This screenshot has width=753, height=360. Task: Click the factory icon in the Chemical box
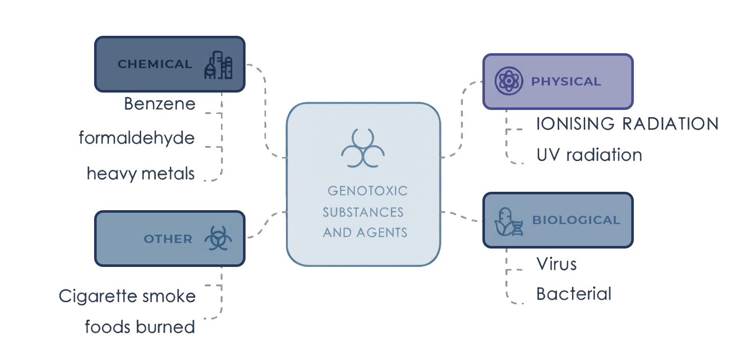[218, 64]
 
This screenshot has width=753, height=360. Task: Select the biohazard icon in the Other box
[218, 239]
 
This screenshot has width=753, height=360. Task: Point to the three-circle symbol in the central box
[363, 148]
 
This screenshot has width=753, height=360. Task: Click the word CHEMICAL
[154, 64]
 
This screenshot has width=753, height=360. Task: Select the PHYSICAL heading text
[566, 82]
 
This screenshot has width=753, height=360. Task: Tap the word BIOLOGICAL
[576, 220]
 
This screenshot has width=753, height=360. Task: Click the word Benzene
[160, 104]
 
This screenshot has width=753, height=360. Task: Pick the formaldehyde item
[137, 138]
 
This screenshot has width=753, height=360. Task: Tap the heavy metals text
[141, 174]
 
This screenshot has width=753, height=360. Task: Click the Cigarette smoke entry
[127, 296]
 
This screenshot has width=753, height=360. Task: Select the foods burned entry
[140, 327]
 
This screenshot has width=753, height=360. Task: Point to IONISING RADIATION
[627, 124]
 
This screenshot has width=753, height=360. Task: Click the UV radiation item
[589, 155]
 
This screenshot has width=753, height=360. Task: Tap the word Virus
[557, 264]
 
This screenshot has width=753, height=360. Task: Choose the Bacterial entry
[573, 294]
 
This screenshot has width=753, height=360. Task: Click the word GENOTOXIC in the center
[367, 191]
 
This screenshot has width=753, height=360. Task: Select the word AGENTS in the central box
[381, 233]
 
